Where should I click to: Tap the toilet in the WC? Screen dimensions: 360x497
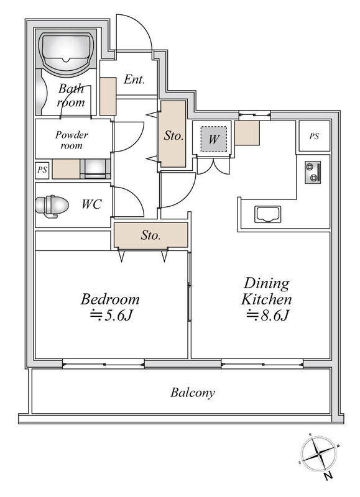tap(52, 206)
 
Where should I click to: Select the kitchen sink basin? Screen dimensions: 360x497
tap(268, 214)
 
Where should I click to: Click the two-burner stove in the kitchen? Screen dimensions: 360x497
tap(313, 172)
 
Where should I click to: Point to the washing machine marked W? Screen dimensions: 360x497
tap(213, 139)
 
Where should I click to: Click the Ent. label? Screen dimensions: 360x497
tap(134, 79)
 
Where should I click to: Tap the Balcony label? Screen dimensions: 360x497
tap(193, 393)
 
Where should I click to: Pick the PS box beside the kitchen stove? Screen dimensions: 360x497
tap(315, 136)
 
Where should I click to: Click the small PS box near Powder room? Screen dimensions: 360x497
tap(42, 170)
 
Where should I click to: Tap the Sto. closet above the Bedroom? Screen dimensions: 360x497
tap(150, 235)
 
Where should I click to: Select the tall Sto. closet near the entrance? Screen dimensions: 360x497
tap(173, 134)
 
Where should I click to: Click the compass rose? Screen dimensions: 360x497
tap(318, 455)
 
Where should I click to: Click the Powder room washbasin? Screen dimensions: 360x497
tap(95, 169)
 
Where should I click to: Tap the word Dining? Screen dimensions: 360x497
tap(267, 283)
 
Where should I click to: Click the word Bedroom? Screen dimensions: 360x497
tap(110, 299)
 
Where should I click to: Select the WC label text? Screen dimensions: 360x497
tap(91, 204)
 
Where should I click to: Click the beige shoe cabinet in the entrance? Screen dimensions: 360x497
tap(108, 96)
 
